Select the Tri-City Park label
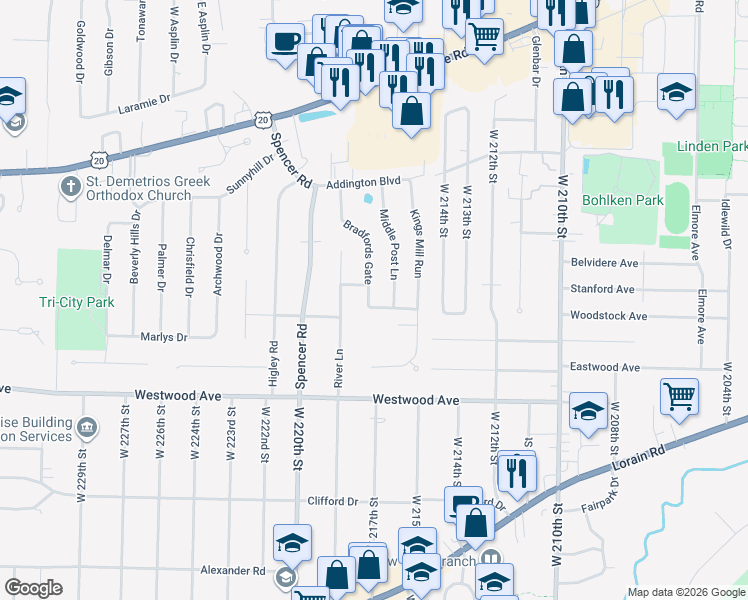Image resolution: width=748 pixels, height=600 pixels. (77, 302)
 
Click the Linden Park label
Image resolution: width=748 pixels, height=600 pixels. (712, 146)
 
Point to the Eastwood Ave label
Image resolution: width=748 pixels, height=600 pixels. (604, 368)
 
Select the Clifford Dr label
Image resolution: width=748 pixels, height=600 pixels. (332, 501)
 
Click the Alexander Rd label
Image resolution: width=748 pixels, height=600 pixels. (231, 571)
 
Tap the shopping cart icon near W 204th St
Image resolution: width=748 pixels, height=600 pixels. (679, 395)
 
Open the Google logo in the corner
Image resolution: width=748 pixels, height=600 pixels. (33, 588)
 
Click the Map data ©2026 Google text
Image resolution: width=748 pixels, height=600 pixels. (685, 592)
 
